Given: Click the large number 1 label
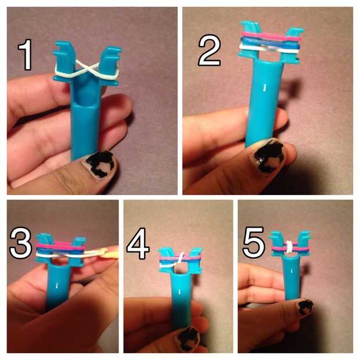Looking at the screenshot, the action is [25, 55].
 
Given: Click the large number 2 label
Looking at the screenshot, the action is [210, 51].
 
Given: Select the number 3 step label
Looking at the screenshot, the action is [21, 243].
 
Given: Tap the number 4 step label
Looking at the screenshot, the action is [138, 244].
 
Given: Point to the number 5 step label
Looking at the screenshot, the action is [254, 243].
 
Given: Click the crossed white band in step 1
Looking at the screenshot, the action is [87, 70].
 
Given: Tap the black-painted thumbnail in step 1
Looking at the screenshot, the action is [100, 164].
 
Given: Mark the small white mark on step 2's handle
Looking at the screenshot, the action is [264, 87].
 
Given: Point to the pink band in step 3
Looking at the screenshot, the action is [61, 247].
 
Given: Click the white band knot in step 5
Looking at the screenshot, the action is [290, 247].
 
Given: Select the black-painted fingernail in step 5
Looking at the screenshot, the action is [305, 308].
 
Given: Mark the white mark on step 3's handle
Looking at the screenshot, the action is [57, 286].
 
